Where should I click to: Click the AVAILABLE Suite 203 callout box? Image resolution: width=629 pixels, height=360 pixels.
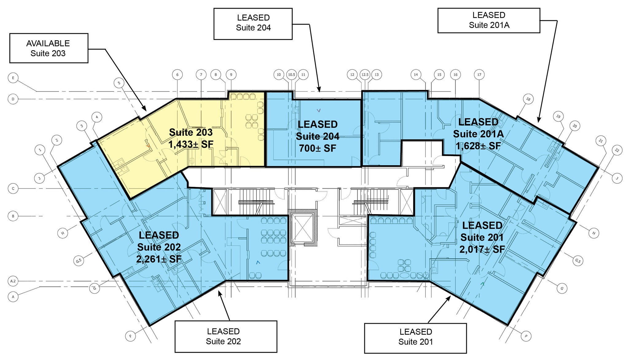point(49,48)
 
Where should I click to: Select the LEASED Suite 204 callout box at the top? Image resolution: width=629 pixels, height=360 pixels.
point(253,24)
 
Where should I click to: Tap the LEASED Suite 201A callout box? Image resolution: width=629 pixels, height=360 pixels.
point(488,20)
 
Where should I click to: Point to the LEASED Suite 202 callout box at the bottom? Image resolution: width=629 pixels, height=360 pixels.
point(226,336)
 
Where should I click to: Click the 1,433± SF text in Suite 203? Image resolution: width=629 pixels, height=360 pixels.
point(191,144)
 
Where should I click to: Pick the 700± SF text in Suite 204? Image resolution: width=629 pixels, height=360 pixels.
point(318,148)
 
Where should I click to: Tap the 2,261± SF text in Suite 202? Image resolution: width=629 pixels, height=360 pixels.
point(159,259)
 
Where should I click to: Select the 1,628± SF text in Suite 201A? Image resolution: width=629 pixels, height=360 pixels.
point(478,146)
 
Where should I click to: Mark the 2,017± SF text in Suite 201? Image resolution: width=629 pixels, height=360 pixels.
point(482,249)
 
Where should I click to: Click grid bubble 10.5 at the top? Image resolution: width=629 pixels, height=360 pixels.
point(291,75)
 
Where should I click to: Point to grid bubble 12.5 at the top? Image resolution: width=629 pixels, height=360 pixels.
point(365,75)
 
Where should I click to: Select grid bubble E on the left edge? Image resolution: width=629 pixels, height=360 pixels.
point(13,78)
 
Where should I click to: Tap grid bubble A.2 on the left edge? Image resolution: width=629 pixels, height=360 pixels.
point(13,281)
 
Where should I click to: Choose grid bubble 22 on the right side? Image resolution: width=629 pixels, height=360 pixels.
point(617,150)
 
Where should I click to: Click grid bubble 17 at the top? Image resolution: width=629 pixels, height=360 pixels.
point(479,75)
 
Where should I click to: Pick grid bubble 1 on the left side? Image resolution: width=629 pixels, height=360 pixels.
point(40,150)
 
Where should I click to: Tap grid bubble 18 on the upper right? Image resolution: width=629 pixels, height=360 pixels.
point(528,99)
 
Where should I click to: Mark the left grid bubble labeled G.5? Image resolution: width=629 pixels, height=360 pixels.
point(79,261)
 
